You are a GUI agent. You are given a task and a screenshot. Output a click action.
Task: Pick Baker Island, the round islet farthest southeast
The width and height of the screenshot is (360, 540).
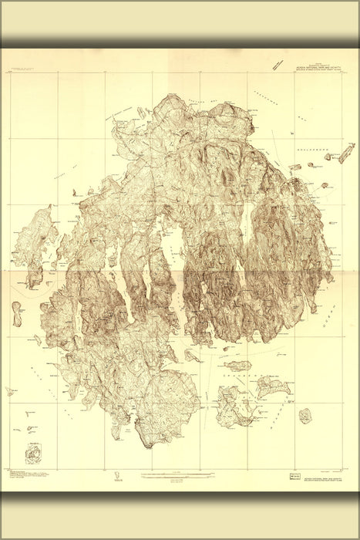click(x=306, y=417)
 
